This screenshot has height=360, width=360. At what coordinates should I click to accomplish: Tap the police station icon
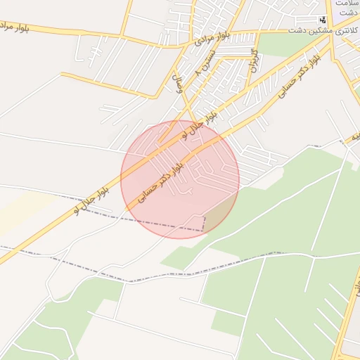pos(323,20)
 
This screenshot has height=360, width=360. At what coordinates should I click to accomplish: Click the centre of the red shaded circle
pos(180,179)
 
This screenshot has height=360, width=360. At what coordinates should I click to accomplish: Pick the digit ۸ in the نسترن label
pos(198,75)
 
